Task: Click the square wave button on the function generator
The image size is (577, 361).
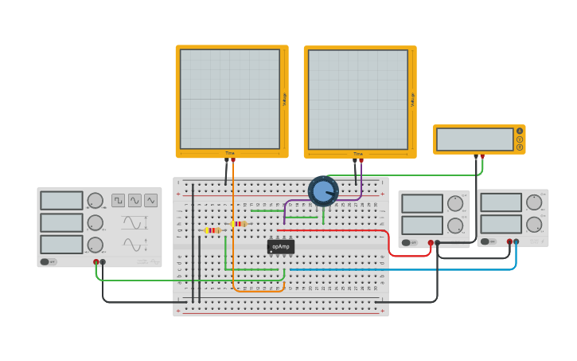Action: pyautogui.click(x=118, y=200)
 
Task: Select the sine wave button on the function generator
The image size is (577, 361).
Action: pyautogui.click(x=135, y=200)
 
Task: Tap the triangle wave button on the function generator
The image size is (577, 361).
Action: pyautogui.click(x=150, y=200)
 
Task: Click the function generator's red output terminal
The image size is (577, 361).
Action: pyautogui.click(x=96, y=261)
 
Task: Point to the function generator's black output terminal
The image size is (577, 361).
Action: pyautogui.click(x=103, y=261)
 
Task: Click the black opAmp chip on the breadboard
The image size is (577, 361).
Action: pyautogui.click(x=280, y=246)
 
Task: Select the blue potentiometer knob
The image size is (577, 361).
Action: pyautogui.click(x=323, y=191)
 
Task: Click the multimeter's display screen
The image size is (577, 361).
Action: pyautogui.click(x=474, y=139)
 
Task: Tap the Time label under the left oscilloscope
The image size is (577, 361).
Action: pyautogui.click(x=230, y=153)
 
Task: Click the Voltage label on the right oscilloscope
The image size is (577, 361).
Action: pyautogui.click(x=412, y=100)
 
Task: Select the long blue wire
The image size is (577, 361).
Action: pyautogui.click(x=398, y=269)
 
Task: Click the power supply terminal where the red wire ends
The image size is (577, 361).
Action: pyautogui.click(x=431, y=242)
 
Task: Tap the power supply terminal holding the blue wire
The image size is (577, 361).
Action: pyautogui.click(x=516, y=241)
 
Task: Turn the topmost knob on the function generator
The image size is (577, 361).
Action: pyautogui.click(x=95, y=201)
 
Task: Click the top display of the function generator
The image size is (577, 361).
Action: pyautogui.click(x=61, y=201)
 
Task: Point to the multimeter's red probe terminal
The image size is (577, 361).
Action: pyautogui.click(x=481, y=157)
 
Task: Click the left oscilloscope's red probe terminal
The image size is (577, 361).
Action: pyautogui.click(x=233, y=160)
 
